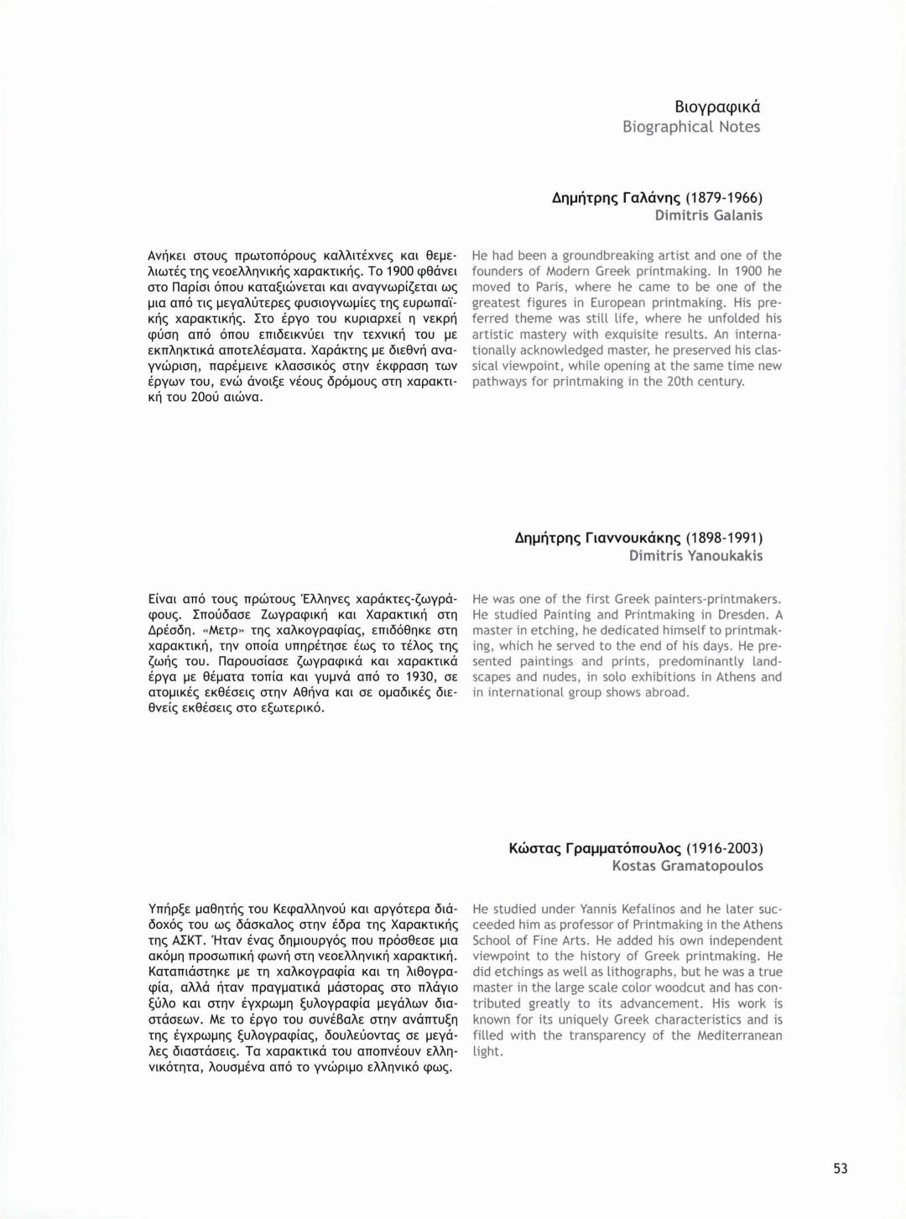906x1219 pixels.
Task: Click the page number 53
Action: click(x=841, y=1169)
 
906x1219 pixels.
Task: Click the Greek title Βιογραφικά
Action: click(x=717, y=107)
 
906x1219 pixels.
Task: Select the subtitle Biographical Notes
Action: click(x=691, y=127)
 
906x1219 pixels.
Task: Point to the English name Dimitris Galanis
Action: click(x=709, y=216)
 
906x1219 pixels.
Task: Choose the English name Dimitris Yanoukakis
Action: click(x=696, y=555)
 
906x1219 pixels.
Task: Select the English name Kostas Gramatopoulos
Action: click(x=688, y=866)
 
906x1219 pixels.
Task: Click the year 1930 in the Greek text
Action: click(x=421, y=677)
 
